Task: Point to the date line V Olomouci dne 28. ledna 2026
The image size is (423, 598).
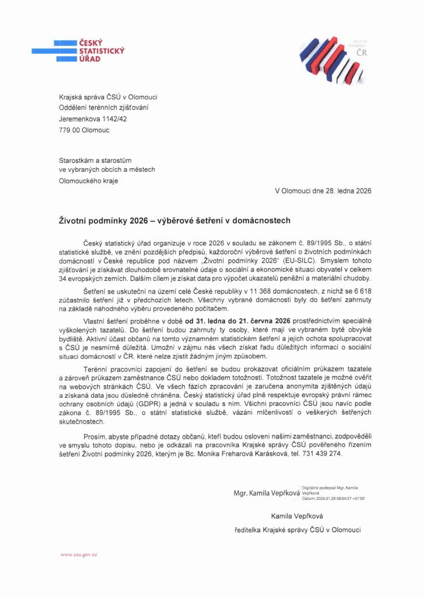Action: tap(323, 190)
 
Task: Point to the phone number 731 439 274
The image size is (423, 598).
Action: tap(324, 453)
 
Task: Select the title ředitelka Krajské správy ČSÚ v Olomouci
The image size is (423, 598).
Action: tap(296, 530)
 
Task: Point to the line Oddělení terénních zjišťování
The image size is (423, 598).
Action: tap(103, 107)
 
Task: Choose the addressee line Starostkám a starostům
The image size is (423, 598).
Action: tap(96, 159)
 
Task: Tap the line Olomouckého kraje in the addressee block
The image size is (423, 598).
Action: tap(88, 180)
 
